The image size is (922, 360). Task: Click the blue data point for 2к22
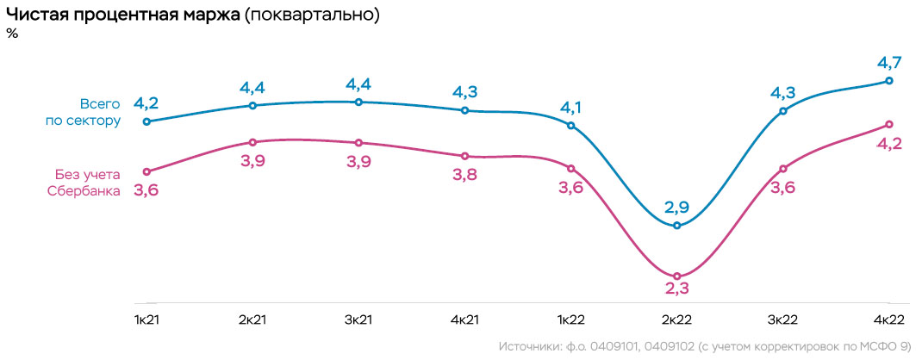677,226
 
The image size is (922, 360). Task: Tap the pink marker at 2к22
677,276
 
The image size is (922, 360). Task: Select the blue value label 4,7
889,62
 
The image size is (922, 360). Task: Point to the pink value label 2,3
677,295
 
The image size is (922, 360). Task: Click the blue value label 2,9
677,207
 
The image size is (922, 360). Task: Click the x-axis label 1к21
146,320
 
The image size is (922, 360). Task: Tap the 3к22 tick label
783,320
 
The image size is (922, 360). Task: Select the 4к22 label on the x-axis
889,320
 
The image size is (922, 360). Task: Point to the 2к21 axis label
252,320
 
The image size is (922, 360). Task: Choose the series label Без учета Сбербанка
83,183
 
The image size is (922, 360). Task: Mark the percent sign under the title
12,34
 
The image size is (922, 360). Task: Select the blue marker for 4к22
889,81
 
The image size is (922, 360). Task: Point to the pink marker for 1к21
146,171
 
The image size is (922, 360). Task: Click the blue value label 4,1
571,108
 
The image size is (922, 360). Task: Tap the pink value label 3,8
465,175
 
